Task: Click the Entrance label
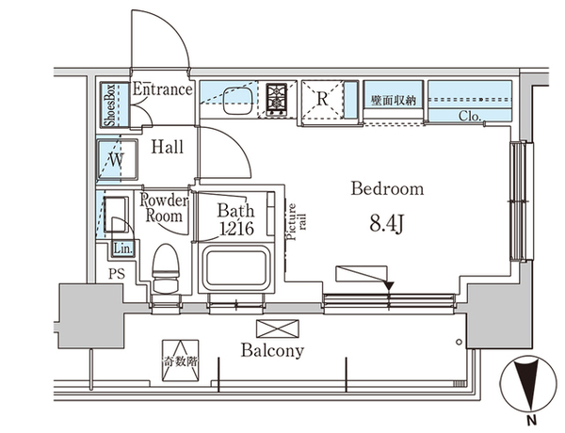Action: [162, 90]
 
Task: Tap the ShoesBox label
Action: [110, 105]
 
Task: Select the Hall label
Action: [168, 147]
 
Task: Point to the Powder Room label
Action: [165, 207]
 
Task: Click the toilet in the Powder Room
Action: [166, 267]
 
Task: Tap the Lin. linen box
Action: [122, 249]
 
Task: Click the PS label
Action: [116, 274]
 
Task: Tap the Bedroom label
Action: [387, 189]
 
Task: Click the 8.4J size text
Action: [386, 225]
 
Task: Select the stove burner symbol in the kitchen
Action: [278, 99]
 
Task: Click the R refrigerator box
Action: [321, 99]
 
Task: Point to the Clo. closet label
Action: [471, 117]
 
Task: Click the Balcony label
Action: [272, 351]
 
